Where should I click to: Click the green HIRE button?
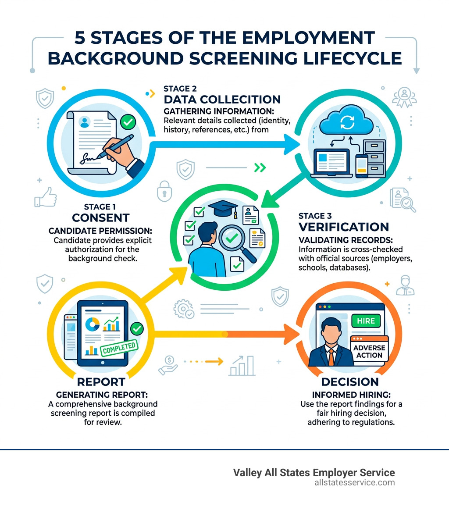366,321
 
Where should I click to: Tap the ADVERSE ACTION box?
369,351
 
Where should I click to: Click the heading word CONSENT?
101,217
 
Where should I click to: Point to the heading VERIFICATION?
343,227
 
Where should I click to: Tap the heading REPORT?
101,381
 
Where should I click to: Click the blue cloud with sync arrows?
343,121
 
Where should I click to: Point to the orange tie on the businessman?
331,355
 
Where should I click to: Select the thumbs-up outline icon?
46,196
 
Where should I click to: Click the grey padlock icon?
165,190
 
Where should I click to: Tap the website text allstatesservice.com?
354,482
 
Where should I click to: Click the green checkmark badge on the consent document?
128,123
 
